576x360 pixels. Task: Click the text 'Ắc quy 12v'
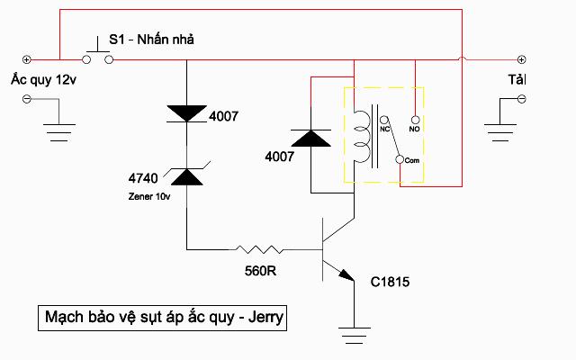42,79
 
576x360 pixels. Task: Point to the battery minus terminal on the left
26,98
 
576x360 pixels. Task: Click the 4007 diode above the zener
187,112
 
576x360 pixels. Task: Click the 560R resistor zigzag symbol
258,248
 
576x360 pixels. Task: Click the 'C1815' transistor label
391,282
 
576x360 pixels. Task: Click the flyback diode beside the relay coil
311,139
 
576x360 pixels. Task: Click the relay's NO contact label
415,129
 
